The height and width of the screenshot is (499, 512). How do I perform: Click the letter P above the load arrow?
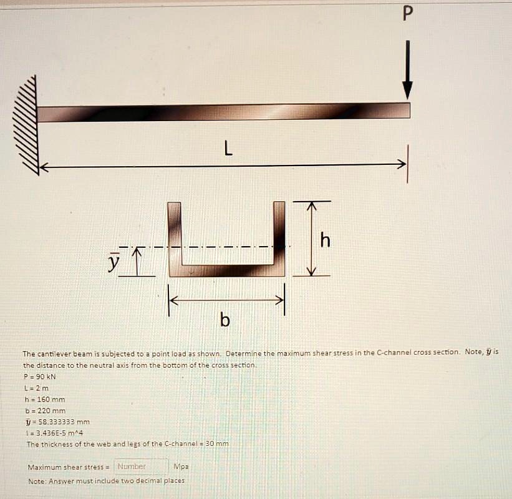point(407,14)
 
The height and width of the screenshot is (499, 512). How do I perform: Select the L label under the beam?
point(228,149)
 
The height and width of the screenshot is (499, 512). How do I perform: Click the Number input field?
point(141,466)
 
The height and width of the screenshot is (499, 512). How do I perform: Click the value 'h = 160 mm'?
point(44,399)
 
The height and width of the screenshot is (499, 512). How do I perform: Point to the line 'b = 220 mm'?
point(44,410)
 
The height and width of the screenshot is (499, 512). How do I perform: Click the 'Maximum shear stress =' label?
point(69,467)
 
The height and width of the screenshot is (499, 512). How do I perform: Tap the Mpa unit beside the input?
point(181,467)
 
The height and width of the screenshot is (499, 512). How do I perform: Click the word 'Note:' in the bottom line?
point(37,481)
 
